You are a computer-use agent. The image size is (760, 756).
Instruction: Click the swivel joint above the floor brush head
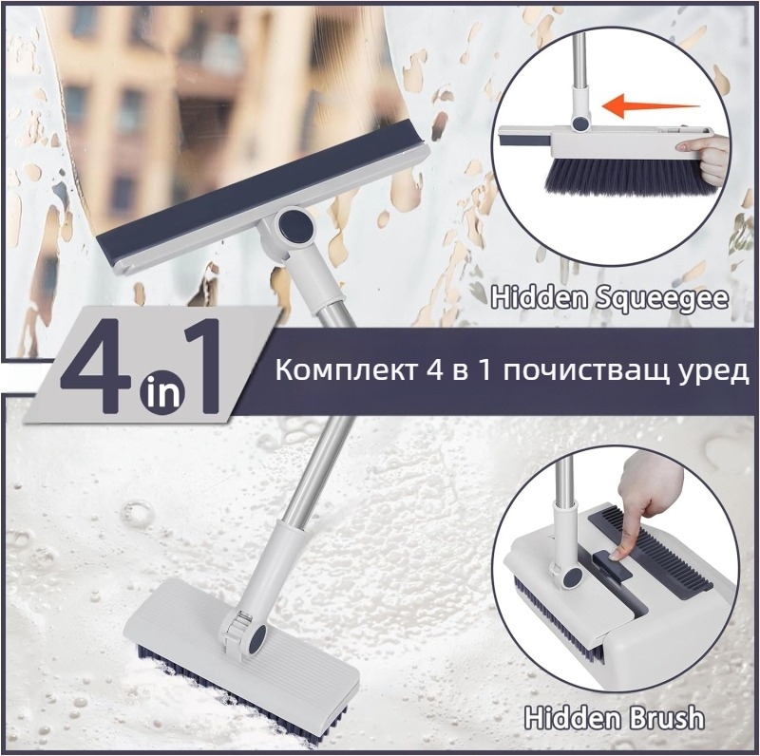pyautogui.click(x=245, y=631)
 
